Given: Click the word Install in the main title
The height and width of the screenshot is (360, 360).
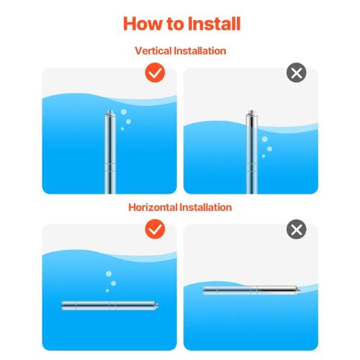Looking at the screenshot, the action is tap(214, 24).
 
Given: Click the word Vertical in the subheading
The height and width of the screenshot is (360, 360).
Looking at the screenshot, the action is tap(153, 51).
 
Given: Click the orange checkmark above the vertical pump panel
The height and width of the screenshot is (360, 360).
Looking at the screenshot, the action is tap(155, 73).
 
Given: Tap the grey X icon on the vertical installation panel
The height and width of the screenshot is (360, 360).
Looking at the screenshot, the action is tap(297, 73).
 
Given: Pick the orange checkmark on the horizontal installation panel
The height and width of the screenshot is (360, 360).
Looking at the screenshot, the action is tap(155, 229).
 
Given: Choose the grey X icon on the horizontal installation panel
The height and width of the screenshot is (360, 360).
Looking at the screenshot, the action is tap(297, 229).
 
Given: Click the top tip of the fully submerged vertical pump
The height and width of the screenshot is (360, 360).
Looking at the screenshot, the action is tap(110, 111).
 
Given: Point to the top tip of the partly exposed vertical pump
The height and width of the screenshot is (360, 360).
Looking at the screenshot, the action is tap(251, 111).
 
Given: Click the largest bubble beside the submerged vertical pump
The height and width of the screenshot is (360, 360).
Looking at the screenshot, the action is tap(124, 112).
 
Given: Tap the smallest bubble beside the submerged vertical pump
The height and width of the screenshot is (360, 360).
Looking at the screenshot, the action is tap(122, 129).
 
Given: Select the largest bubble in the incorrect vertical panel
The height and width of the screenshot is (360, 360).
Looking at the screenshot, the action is tap(265, 139).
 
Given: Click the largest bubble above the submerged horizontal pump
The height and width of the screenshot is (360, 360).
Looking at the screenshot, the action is tap(109, 274).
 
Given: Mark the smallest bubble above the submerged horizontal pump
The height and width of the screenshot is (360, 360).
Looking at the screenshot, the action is tap(107, 291).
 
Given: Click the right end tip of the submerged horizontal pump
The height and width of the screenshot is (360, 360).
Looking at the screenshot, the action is tap(158, 305).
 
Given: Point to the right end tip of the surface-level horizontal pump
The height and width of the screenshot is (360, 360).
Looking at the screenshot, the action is tap(300, 290).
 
